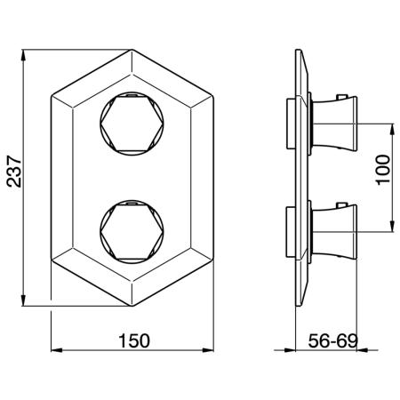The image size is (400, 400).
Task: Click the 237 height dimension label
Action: pyautogui.click(x=14, y=171)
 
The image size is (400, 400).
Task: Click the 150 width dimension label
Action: pyautogui.click(x=134, y=340)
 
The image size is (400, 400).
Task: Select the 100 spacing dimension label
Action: pyautogui.click(x=383, y=170)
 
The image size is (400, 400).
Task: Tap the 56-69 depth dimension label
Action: pyautogui.click(x=333, y=340)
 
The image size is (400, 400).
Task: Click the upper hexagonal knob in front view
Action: pyautogui.click(x=132, y=124)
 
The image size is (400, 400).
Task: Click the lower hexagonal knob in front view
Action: pyautogui.click(x=132, y=232)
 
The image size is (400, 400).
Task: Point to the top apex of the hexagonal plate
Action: pyautogui.click(x=132, y=50)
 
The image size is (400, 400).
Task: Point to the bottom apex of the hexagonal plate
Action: pyautogui.click(x=132, y=306)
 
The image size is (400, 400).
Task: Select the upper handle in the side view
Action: pyautogui.click(x=335, y=123)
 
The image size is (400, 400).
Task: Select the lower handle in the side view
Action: pyautogui.click(x=335, y=231)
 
